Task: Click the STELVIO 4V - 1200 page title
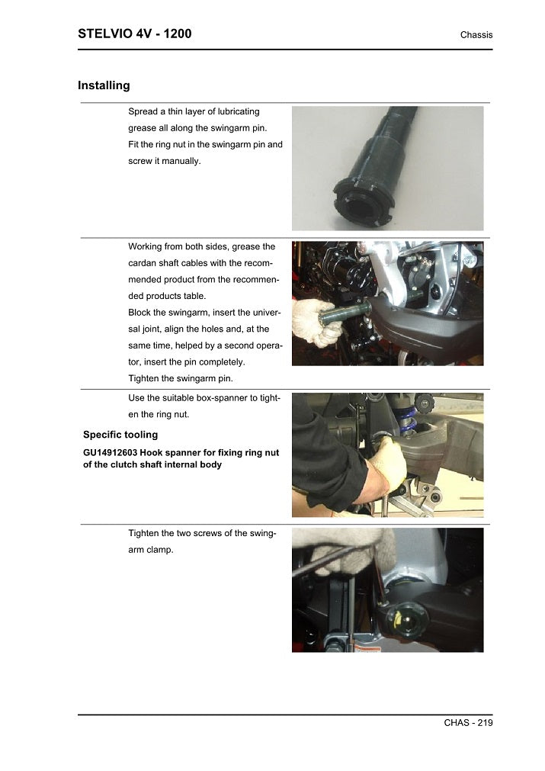tap(134, 34)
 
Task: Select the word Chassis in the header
tap(476, 35)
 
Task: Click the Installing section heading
tap(104, 85)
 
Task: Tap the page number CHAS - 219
tap(468, 723)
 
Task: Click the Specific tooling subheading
tap(120, 435)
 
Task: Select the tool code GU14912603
tap(111, 452)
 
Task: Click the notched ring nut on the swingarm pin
tap(363, 204)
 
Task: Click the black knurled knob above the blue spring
tap(425, 402)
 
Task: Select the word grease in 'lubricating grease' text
tap(143, 127)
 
